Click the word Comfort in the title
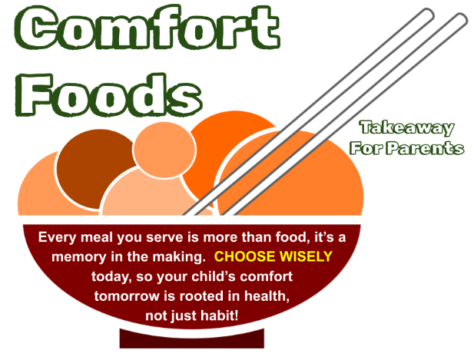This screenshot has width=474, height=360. tap(148, 28)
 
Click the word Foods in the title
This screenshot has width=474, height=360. tap(109, 95)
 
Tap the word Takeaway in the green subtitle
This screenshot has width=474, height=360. tap(407, 127)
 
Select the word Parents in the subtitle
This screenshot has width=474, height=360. tap(426, 148)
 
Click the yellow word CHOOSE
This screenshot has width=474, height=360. tap(244, 256)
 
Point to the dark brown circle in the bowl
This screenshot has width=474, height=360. tap(96, 169)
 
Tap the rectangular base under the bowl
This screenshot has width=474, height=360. tap(191, 339)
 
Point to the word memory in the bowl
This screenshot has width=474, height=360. tap(79, 257)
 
